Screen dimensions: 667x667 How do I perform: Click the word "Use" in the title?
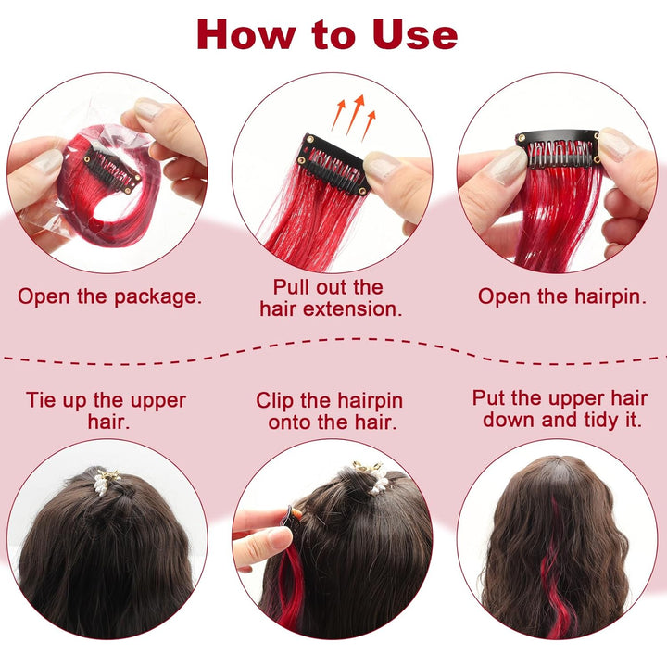(415, 35)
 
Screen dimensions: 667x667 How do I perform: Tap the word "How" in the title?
(246, 35)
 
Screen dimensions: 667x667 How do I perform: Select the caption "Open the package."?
(109, 297)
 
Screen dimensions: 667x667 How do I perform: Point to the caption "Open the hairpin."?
(561, 296)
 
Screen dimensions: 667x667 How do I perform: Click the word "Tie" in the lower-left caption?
(41, 400)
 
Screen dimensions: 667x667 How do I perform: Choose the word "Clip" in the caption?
(274, 401)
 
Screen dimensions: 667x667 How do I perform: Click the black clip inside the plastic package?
(112, 171)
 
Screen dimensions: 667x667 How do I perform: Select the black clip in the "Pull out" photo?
(333, 165)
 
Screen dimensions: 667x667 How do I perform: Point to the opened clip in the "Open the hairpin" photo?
(558, 148)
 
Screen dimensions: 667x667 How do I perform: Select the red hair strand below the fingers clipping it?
(288, 591)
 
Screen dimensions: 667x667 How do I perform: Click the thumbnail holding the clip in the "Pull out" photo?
(381, 166)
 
